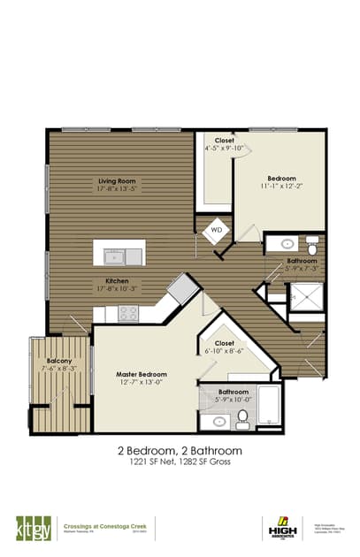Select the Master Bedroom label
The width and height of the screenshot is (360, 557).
142,374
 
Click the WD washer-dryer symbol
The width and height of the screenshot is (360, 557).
216,232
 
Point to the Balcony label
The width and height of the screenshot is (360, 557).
59,361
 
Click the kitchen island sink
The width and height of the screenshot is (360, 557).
115,256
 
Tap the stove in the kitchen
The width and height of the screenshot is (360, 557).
128,312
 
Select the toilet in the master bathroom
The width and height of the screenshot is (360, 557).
241,420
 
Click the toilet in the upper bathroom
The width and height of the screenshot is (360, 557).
312,243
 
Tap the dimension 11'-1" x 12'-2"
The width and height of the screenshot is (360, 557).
281,187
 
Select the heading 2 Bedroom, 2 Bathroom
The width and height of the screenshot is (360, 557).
180,450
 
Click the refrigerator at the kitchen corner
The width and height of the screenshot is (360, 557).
183,289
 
